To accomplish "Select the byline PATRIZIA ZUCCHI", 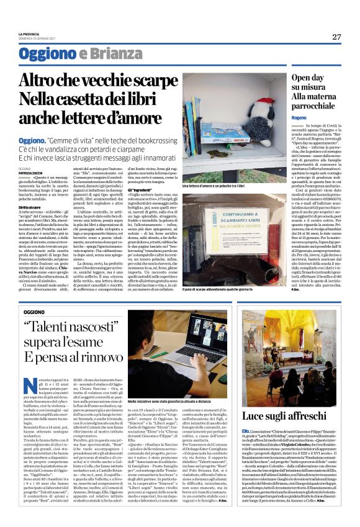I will (x=30, y=171).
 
